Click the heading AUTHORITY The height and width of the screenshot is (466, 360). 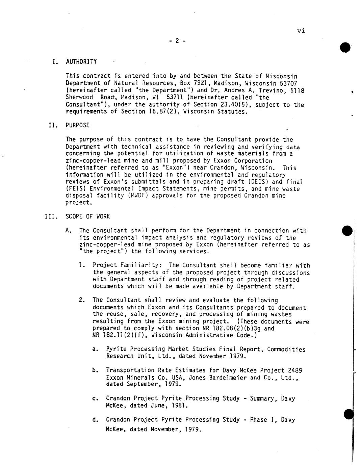pos(81,62)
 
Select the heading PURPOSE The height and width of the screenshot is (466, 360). pos(78,125)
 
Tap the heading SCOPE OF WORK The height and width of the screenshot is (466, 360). pos(87,216)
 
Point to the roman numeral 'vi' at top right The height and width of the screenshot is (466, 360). pos(301,31)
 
